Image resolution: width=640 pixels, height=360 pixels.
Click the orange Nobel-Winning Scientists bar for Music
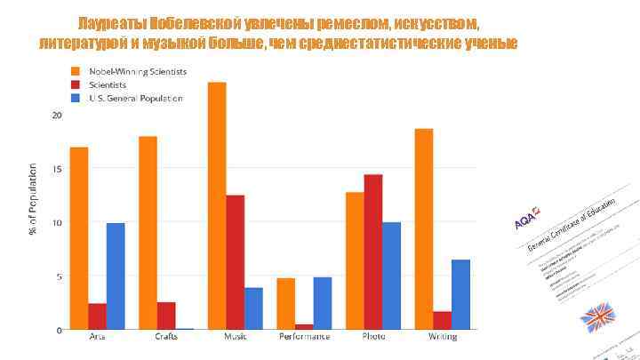[217, 205]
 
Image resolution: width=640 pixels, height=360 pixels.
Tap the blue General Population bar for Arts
[116, 276]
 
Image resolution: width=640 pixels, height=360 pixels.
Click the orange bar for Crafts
[148, 232]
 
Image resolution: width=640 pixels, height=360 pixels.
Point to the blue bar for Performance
[322, 303]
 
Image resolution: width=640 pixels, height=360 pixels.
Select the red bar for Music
[236, 261]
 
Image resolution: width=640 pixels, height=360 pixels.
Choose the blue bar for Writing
[460, 294]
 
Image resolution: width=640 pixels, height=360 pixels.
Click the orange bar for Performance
[285, 303]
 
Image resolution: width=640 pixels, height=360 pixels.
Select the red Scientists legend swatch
[77, 84]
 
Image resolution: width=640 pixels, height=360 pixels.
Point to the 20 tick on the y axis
[57, 116]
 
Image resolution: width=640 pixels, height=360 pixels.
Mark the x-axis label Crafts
[165, 337]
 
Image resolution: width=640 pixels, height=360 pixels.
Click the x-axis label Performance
[304, 337]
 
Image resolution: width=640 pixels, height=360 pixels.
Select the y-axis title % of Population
[33, 199]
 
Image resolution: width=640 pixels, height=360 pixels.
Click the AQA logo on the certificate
[524, 220]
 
